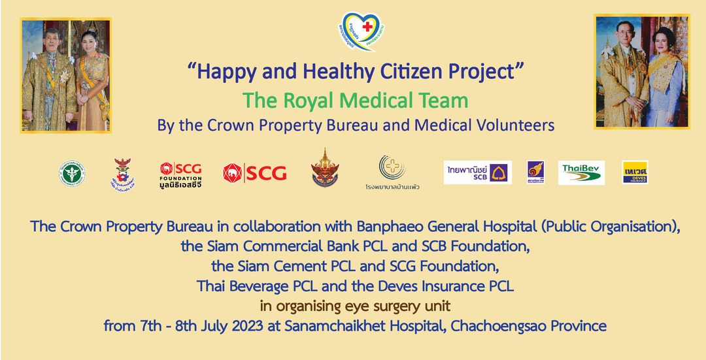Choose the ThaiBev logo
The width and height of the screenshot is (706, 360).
(581, 172)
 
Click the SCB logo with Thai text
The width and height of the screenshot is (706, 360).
(478, 172)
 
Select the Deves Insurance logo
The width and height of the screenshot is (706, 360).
(635, 172)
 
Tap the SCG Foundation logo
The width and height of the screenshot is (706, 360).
(181, 173)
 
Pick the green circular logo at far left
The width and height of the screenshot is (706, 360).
(72, 173)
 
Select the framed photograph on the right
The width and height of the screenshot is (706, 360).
(642, 71)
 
